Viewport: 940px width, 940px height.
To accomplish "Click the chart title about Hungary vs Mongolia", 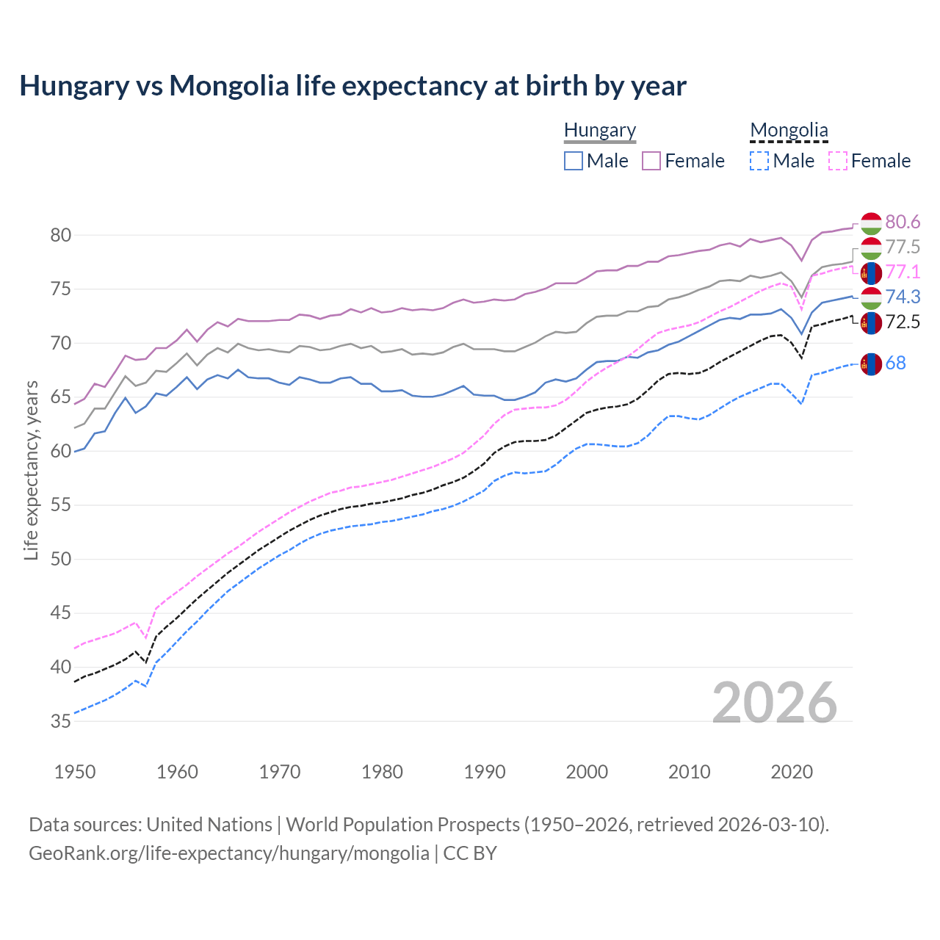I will coord(352,86).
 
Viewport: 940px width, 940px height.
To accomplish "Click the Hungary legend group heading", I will coord(599,130).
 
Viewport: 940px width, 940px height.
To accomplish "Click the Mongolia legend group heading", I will coord(789,130).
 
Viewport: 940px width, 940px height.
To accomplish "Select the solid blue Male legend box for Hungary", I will coord(574,161).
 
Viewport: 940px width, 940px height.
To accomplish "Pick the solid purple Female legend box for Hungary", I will coord(651,161).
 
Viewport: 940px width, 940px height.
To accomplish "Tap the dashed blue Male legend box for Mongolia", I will coord(759,161).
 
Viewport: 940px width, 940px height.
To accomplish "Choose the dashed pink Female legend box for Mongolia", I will coord(837,161).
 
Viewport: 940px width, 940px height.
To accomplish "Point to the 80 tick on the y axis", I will coord(61,236).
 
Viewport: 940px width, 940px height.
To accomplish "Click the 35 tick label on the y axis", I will coord(61,722).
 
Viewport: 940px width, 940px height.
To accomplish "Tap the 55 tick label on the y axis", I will coord(61,505).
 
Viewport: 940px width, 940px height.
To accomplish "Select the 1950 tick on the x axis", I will coord(75,772).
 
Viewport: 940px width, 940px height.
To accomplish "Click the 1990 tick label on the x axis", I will coord(485,772).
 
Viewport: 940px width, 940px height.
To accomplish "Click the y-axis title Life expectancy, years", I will coord(31,470).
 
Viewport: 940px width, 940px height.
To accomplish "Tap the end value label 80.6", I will coord(903,223).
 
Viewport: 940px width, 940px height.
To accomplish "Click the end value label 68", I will coord(895,364).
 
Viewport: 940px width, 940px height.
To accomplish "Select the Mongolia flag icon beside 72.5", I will coord(871,322).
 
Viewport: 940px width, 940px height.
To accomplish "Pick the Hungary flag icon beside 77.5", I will coord(871,247).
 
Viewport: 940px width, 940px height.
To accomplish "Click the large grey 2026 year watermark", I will coord(775,703).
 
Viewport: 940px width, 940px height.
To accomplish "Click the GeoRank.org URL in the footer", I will coord(229,853).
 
